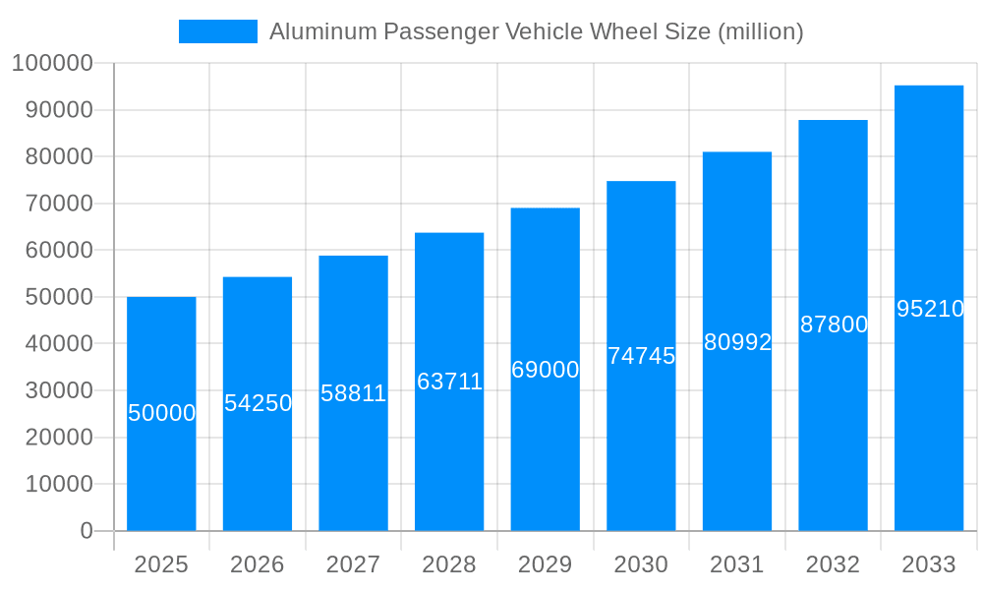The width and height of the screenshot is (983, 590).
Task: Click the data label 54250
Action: [258, 403]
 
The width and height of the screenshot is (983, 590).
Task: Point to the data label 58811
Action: [354, 393]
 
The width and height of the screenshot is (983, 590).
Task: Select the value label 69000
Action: [546, 370]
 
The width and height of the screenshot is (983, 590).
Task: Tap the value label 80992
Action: [737, 342]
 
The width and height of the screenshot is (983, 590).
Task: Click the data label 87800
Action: [834, 324]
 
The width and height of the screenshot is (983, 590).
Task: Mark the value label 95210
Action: [929, 309]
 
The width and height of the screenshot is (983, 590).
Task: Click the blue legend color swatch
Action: [217, 31]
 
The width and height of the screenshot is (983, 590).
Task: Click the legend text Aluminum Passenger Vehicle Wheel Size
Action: [536, 31]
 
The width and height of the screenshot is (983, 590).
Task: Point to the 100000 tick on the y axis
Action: [52, 64]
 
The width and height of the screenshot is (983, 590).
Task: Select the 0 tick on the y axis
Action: [87, 531]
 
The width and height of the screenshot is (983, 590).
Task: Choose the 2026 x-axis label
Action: [258, 564]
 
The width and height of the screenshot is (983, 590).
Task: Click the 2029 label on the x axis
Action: [546, 564]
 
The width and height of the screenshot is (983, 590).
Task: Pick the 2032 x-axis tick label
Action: [833, 564]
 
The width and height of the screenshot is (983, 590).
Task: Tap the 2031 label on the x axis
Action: [737, 564]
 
